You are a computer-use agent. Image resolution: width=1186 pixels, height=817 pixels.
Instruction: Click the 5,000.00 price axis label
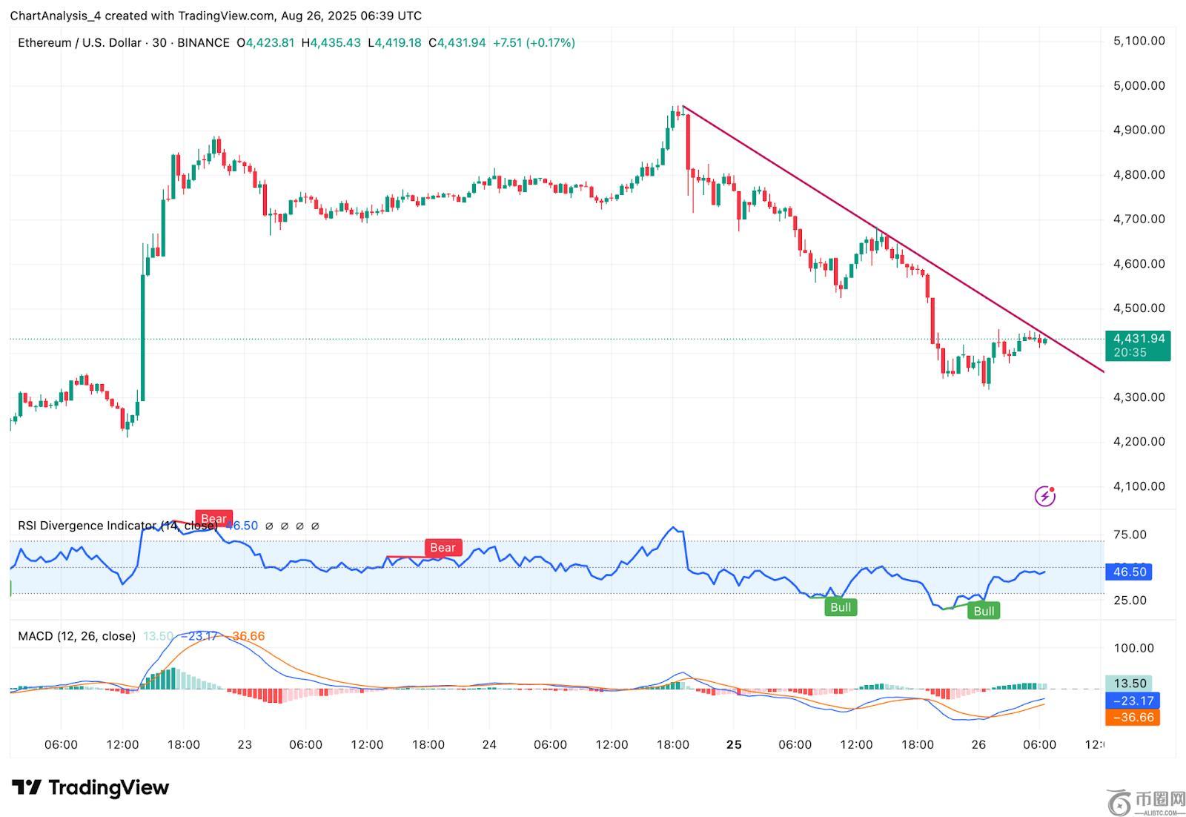[x=1139, y=85]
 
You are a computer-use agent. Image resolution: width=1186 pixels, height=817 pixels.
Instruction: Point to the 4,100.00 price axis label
[x=1139, y=486]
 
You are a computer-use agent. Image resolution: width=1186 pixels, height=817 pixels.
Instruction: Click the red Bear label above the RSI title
[x=213, y=519]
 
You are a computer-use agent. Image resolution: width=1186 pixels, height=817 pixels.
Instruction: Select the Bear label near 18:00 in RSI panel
[x=443, y=548]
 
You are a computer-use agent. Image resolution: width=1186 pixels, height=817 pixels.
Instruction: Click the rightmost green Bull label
[x=984, y=611]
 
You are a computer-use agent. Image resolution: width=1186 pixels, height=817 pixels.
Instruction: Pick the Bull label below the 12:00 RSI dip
[x=841, y=607]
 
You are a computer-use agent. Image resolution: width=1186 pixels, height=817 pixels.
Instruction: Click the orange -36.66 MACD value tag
[x=1131, y=717]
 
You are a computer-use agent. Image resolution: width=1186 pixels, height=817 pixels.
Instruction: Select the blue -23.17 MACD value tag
[x=1131, y=701]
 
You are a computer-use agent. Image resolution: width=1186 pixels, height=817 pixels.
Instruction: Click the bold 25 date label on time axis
[x=734, y=744]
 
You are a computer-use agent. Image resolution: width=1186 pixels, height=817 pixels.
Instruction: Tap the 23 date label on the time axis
[x=245, y=744]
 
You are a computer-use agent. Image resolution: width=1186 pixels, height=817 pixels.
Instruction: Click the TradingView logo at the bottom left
[x=90, y=787]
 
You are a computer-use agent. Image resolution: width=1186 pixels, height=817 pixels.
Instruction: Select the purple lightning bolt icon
[x=1044, y=496]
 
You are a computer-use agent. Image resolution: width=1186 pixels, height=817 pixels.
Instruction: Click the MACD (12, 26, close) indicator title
[x=76, y=636]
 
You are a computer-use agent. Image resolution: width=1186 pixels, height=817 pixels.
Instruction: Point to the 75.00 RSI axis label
[x=1130, y=535]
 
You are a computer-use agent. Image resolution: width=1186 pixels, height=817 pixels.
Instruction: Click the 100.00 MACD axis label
[x=1134, y=648]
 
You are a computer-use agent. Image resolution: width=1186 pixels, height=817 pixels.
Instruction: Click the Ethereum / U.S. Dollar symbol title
[x=79, y=43]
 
